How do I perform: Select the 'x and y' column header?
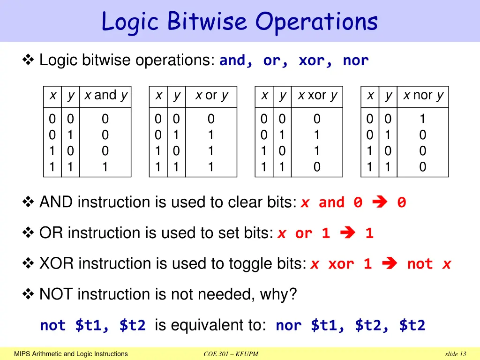coord(105,96)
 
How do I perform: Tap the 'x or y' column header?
coord(211,96)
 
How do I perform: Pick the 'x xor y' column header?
coord(317,96)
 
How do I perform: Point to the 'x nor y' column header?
coord(423,96)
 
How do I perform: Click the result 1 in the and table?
coord(105,167)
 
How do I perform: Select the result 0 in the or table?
coord(211,119)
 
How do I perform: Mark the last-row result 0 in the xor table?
coord(317,167)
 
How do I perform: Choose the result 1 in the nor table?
coord(423,119)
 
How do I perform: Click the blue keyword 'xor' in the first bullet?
coord(312,60)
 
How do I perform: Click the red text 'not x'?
coord(429,264)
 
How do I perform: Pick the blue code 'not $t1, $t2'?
coord(93,325)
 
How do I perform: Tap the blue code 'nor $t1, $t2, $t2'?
coord(350,325)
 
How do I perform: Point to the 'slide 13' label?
coord(456,354)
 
